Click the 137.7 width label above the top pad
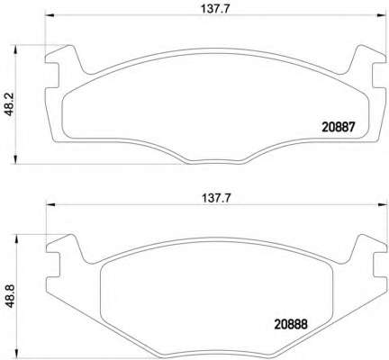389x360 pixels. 215,9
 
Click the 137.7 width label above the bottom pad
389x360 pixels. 216,198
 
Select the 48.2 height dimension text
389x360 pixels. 10,104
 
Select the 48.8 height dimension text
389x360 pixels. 10,295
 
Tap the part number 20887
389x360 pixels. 339,127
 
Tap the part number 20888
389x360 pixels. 291,324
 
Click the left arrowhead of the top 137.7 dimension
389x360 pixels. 50,15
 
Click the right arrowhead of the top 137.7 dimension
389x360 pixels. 381,15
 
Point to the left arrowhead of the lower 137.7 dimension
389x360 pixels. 50,204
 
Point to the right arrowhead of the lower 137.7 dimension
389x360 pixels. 382,204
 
